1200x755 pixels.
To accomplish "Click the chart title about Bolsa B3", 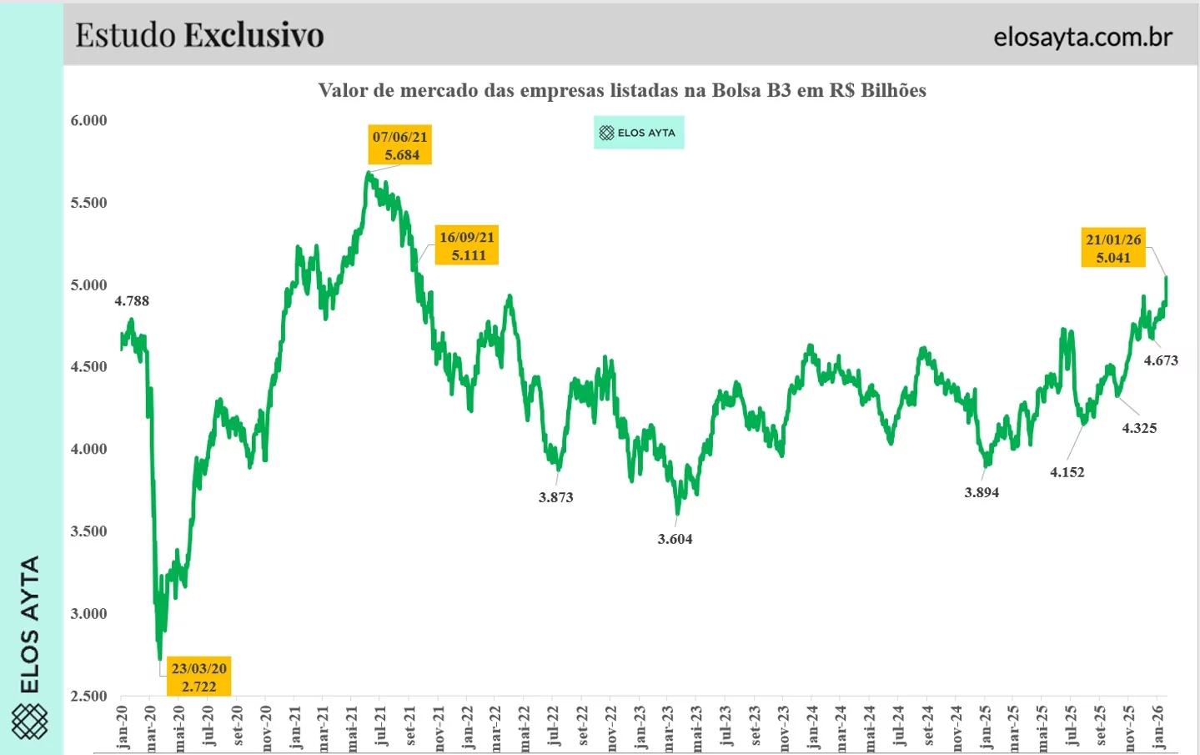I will pyautogui.click(x=622, y=90).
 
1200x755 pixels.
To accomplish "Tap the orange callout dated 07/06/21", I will pyautogui.click(x=400, y=145).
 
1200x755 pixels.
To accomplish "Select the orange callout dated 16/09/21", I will pyautogui.click(x=467, y=246).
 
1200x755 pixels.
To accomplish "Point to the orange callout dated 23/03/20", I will pyautogui.click(x=198, y=677).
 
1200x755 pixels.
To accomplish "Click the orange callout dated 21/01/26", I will pyautogui.click(x=1113, y=248).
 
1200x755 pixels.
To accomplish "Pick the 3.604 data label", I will pyautogui.click(x=675, y=539).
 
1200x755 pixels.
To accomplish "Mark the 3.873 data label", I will pyautogui.click(x=555, y=497).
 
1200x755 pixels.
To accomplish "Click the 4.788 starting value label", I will pyautogui.click(x=132, y=301).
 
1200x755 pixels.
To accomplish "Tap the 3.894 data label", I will pyautogui.click(x=982, y=492).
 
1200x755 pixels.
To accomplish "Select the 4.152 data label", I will pyautogui.click(x=1067, y=472).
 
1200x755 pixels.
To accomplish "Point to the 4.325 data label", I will pyautogui.click(x=1139, y=428).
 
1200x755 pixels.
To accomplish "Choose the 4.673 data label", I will pyautogui.click(x=1161, y=360).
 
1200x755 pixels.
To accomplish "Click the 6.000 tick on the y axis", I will pyautogui.click(x=89, y=120).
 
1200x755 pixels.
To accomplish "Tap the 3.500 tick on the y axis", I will pyautogui.click(x=89, y=531).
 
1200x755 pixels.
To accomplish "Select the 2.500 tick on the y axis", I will pyautogui.click(x=89, y=696).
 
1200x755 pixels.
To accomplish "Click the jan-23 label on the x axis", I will pyautogui.click(x=640, y=727).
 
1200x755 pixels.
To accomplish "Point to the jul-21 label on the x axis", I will pyautogui.click(x=381, y=727).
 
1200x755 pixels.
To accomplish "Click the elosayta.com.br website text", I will pyautogui.click(x=1082, y=37).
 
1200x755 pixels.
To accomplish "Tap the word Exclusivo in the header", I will pyautogui.click(x=254, y=35).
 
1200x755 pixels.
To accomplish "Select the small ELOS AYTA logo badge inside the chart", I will pyautogui.click(x=639, y=133).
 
